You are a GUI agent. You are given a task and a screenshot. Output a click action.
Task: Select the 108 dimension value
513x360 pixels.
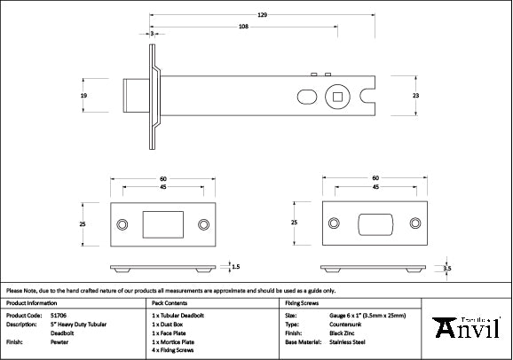[242, 27]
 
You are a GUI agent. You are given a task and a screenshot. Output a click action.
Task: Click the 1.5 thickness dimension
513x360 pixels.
[235, 265]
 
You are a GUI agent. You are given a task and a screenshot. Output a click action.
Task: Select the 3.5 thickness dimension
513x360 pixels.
[447, 267]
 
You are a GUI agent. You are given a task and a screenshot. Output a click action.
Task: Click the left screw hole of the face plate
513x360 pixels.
[122, 224]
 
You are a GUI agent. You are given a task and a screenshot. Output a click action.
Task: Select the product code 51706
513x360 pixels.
[59, 315]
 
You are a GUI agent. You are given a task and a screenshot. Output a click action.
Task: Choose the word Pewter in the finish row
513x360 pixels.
[61, 340]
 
